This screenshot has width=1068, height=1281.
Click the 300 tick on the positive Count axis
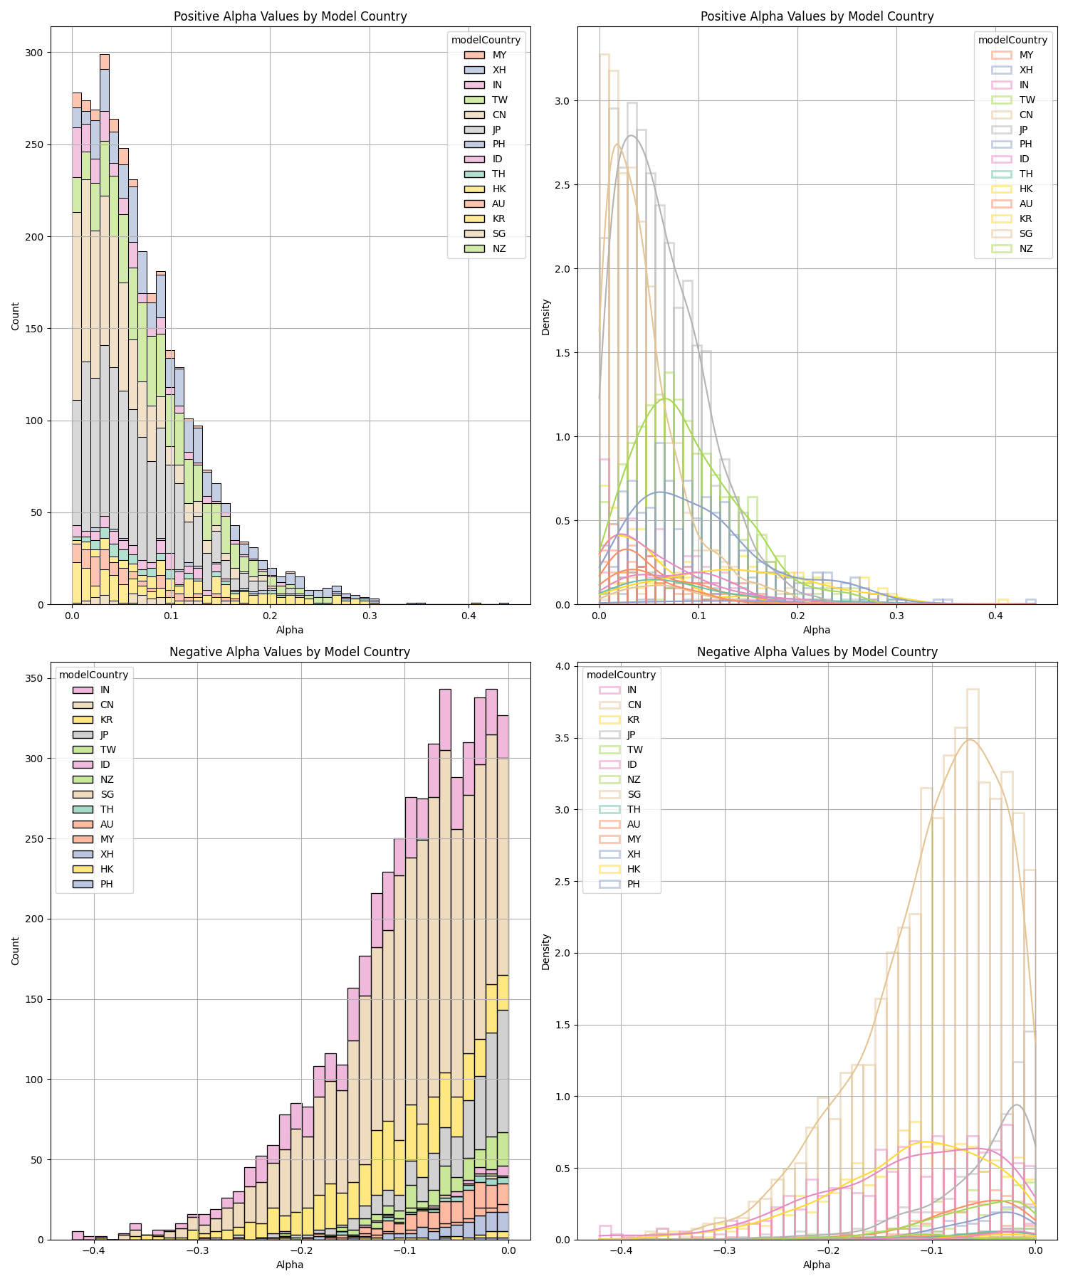35,53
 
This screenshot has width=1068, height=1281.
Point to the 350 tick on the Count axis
35,678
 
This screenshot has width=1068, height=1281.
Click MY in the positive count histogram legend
499,55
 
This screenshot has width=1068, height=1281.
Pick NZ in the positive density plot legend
1026,248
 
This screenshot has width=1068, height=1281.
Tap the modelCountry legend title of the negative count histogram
93,675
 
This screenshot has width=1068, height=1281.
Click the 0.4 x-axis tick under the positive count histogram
468,616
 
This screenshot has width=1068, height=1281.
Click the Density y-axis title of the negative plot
546,951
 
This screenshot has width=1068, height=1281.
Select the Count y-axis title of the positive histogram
16,316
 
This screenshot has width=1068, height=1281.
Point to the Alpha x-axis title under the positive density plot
817,630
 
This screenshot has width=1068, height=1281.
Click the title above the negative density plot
817,652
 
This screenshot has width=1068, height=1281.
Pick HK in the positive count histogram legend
499,189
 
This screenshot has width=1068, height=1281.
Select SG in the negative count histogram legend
107,794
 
